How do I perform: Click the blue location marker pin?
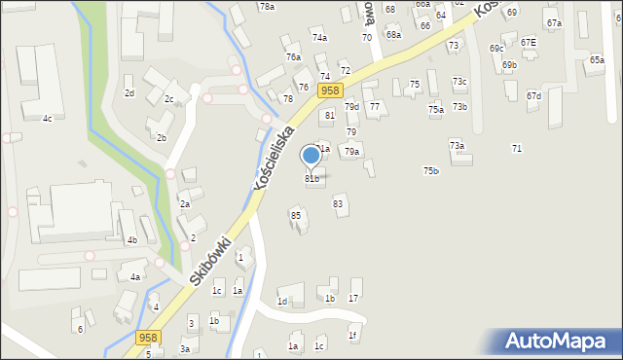click(x=311, y=156)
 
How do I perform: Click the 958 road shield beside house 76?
click(x=330, y=90)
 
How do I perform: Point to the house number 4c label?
click(x=47, y=119)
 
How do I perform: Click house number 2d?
click(x=128, y=93)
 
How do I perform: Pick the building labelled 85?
click(x=296, y=215)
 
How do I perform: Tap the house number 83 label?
click(x=338, y=203)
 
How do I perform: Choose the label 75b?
click(x=430, y=171)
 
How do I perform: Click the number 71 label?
click(x=517, y=148)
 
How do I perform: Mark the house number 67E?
click(x=528, y=43)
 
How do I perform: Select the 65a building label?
click(x=596, y=59)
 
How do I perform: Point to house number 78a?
click(x=267, y=7)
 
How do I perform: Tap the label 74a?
click(x=319, y=37)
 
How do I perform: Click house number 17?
click(x=353, y=298)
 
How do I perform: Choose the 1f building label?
click(x=353, y=336)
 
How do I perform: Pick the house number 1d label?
click(x=282, y=302)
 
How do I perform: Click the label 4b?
click(x=131, y=240)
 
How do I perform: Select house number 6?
click(x=80, y=329)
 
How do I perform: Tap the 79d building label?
click(x=351, y=107)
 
